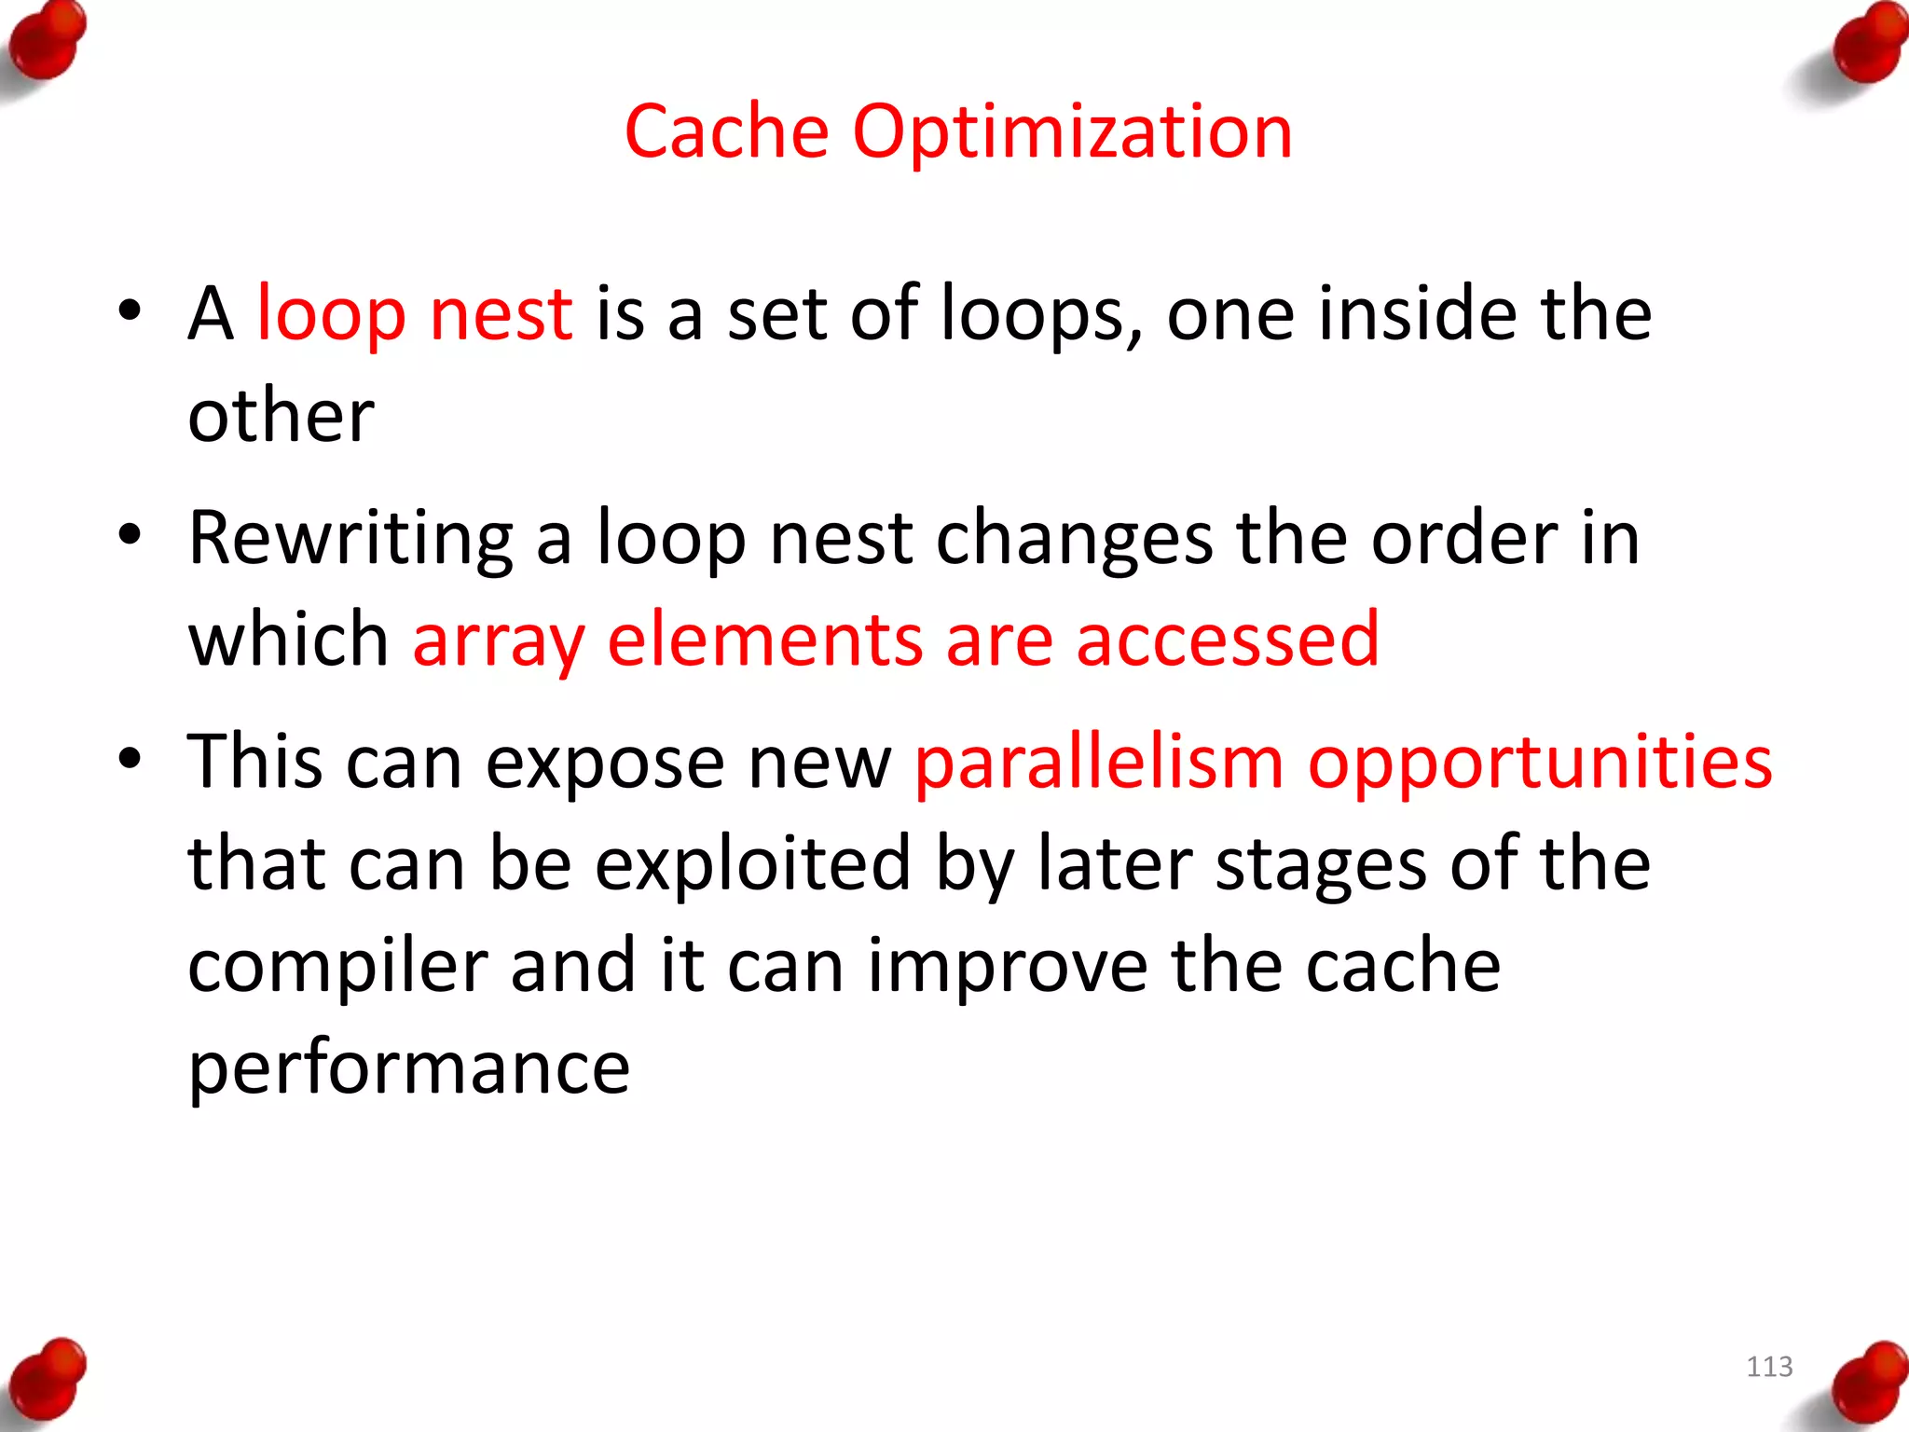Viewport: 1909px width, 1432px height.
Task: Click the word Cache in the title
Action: pos(726,131)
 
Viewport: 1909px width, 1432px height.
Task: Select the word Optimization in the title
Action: pos(1072,133)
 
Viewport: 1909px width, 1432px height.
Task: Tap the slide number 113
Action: pos(1769,1367)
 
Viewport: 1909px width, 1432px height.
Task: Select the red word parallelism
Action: pos(1099,763)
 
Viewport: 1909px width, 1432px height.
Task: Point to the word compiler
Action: pos(337,967)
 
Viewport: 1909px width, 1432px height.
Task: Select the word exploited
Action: pos(752,864)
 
